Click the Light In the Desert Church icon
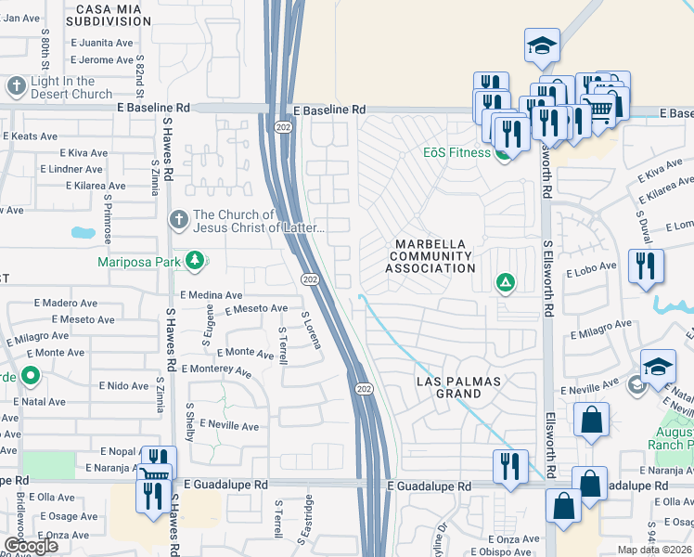[x=16, y=87]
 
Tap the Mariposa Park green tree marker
[x=195, y=261]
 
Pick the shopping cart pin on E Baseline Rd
[x=601, y=109]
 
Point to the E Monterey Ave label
[x=217, y=370]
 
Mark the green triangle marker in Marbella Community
[x=505, y=282]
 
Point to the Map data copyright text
[x=655, y=550]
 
